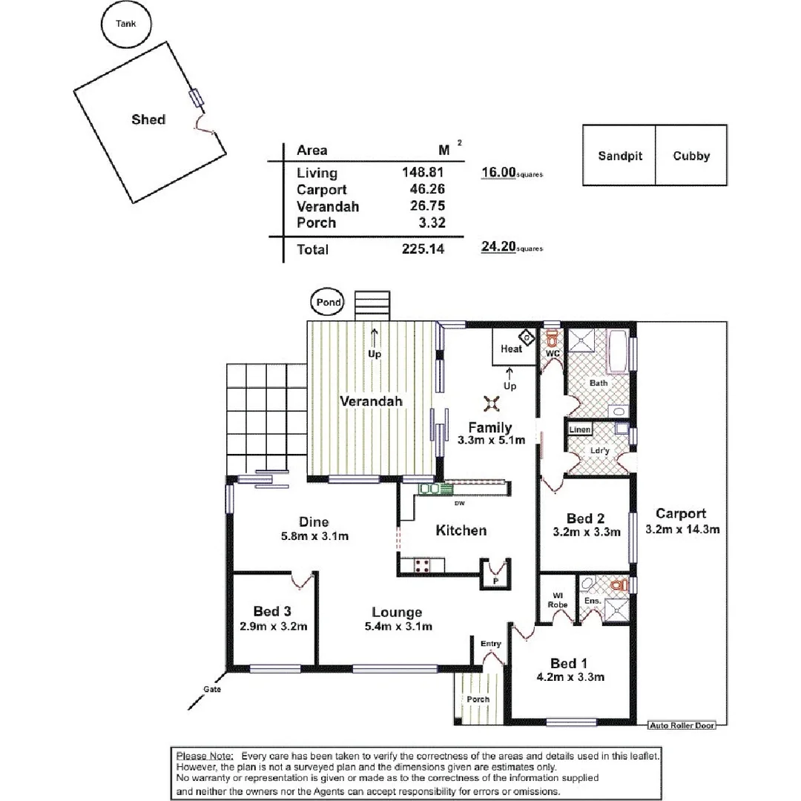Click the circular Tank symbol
(125, 24)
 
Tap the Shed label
(148, 119)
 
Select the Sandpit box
(620, 156)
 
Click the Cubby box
(691, 156)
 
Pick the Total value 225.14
(423, 250)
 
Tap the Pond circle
(329, 303)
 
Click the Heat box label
(511, 349)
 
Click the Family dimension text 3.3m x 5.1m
(490, 440)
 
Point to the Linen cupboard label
(580, 430)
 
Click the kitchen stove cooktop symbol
(423, 565)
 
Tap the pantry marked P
(495, 581)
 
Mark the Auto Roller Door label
(682, 725)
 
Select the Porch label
(478, 699)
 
